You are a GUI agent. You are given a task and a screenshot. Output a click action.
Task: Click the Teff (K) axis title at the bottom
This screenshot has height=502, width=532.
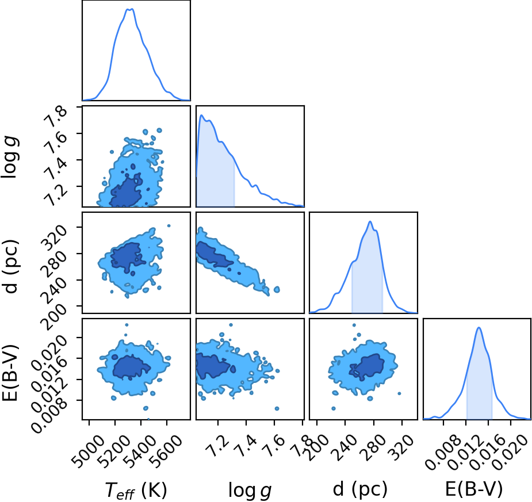tap(136, 490)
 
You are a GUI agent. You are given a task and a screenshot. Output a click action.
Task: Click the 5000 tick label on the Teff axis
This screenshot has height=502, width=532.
tap(87, 451)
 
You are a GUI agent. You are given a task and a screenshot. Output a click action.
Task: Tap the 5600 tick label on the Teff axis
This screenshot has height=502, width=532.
tap(165, 451)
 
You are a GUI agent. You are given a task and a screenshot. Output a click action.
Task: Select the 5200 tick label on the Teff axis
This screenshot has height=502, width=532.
tap(114, 451)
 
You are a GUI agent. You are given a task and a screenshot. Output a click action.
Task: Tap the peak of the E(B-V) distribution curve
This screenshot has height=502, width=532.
tap(479, 327)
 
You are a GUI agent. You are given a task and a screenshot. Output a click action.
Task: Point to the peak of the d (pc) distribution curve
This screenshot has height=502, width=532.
tap(370, 221)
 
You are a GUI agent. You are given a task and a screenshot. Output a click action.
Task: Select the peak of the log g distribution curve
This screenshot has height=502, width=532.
tap(201, 115)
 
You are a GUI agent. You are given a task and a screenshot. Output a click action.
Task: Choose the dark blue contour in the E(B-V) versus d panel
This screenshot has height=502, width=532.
tap(368, 366)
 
